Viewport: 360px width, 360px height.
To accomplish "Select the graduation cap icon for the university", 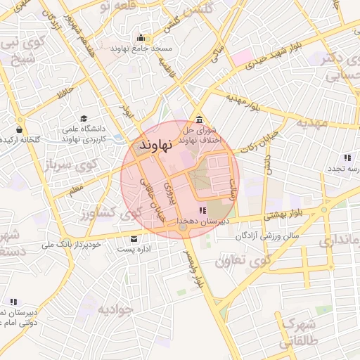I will [x=84, y=119].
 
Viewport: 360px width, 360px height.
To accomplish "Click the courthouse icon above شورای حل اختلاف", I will [x=200, y=119].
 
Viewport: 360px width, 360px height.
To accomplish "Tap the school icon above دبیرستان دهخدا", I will [x=202, y=210].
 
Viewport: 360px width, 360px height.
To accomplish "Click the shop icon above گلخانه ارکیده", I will [x=19, y=129].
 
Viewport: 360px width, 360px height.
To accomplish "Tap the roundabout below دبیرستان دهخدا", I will [x=183, y=227].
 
